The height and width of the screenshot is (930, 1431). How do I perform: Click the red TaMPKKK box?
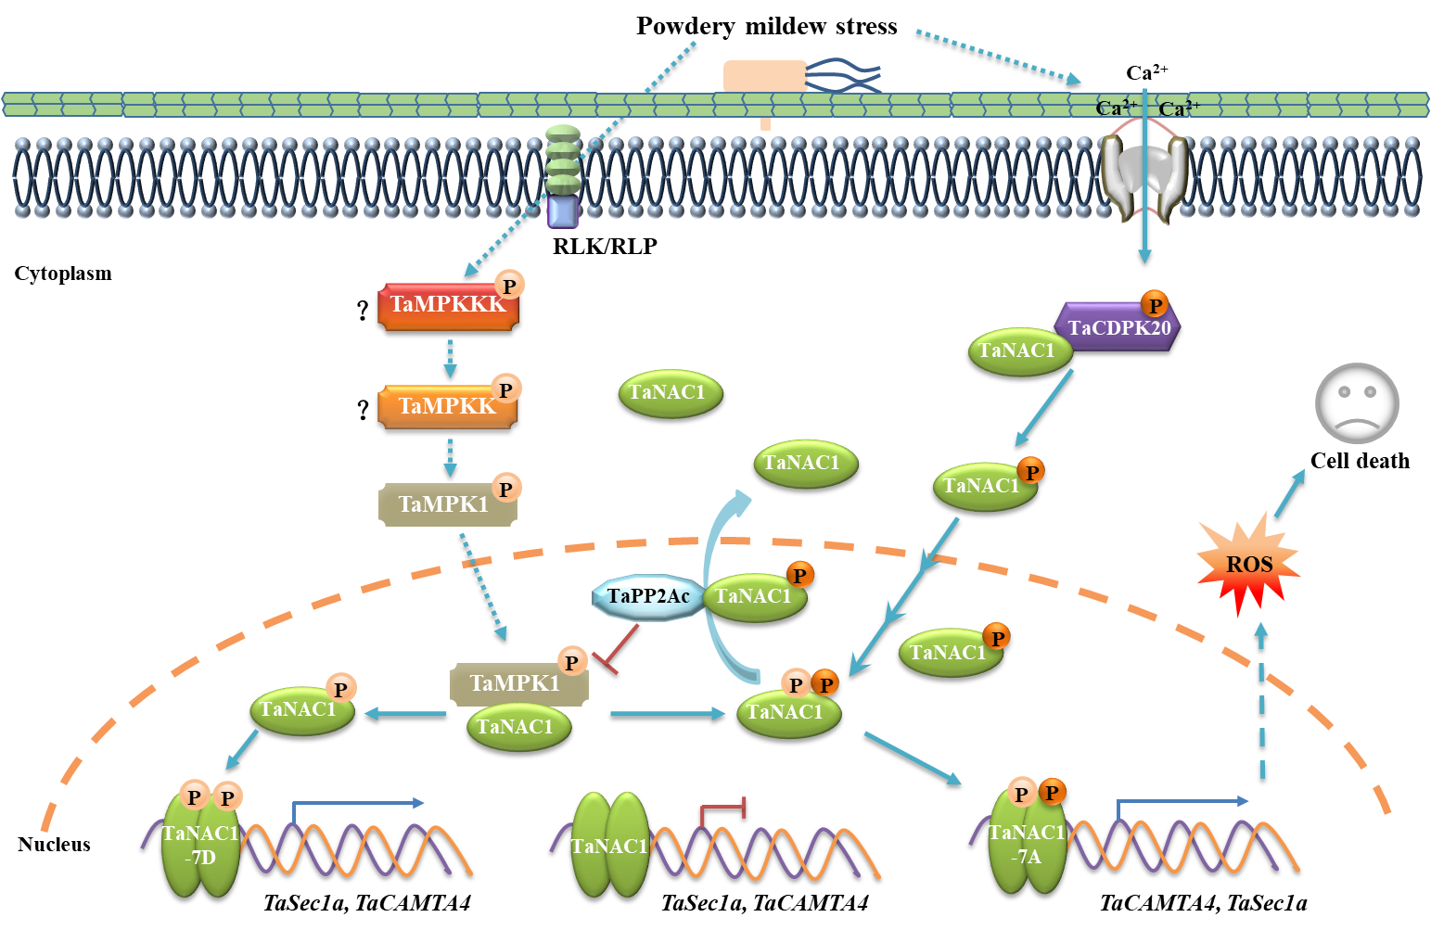(447, 306)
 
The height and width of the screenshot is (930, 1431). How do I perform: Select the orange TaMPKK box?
(446, 407)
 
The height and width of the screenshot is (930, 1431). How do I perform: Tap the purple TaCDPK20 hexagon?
(1118, 327)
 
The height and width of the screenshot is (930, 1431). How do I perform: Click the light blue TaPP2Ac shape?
(647, 596)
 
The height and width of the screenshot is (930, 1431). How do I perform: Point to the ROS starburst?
(1248, 564)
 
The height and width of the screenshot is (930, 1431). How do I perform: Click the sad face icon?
(1357, 403)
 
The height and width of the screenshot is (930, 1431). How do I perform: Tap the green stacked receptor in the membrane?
(563, 162)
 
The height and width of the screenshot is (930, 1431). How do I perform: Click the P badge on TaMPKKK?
(509, 286)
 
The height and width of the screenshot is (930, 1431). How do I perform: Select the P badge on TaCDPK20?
(1155, 305)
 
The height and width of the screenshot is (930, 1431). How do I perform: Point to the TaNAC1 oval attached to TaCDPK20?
(1018, 351)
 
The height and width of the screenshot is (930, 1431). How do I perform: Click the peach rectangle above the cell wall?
(764, 76)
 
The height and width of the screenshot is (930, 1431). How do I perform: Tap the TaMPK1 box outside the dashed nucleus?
(447, 504)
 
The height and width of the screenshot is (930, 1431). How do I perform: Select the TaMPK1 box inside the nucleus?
(517, 684)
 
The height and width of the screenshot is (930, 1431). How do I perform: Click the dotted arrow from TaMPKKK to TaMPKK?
(450, 358)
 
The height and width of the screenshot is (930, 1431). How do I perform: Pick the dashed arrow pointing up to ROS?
(1261, 700)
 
